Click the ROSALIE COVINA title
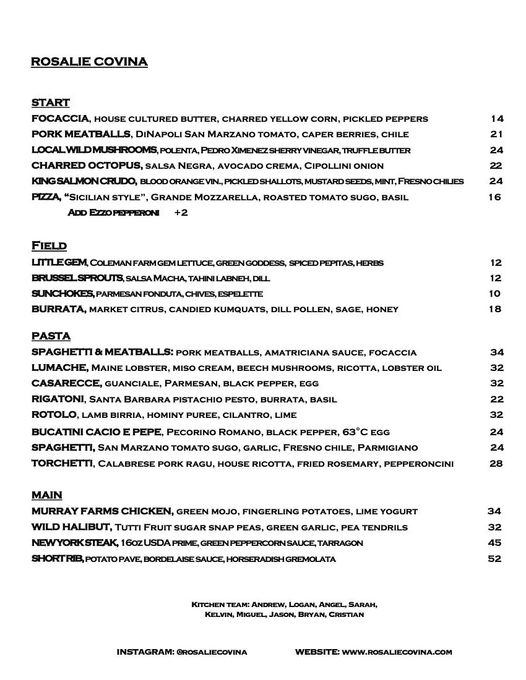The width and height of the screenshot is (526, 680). tap(88, 62)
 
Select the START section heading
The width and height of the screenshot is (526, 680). tap(50, 103)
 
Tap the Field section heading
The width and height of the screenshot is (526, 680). tap(49, 246)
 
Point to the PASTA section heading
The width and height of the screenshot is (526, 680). tap(51, 336)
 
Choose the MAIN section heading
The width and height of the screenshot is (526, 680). tap(46, 495)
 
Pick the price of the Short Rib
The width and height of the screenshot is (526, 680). tap(494, 559)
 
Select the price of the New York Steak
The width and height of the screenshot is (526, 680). tap(494, 543)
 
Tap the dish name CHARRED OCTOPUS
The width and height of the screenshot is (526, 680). tap(87, 166)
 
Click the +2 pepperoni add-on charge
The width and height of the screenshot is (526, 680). tap(181, 213)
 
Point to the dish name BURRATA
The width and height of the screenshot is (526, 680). tap(58, 309)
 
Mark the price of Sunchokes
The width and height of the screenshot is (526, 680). tap(494, 294)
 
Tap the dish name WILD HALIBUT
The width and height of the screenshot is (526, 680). tap(71, 527)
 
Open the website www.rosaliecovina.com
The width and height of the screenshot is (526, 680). tap(397, 652)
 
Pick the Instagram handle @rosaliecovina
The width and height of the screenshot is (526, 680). tap(212, 652)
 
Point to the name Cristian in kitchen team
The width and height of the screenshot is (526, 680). tap(346, 614)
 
